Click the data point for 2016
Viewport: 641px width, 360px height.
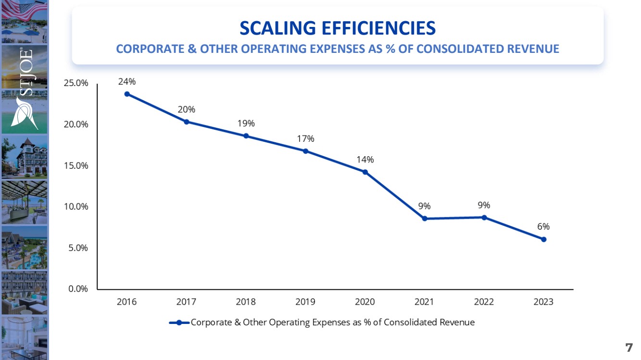[127, 94]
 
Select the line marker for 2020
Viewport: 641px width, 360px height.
[365, 172]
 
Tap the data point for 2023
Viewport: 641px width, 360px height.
[544, 239]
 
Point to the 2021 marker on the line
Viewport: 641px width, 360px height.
[425, 219]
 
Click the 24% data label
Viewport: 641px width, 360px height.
[127, 82]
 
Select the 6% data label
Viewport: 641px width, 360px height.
[544, 226]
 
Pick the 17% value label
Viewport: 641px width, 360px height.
[305, 139]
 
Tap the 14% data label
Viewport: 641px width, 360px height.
[365, 160]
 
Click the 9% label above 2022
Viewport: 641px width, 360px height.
[484, 205]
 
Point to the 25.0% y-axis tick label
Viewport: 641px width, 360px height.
[76, 83]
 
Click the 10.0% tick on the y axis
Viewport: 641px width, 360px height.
[76, 207]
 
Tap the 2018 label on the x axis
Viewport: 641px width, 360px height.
[246, 302]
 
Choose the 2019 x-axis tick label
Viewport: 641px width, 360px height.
[305, 302]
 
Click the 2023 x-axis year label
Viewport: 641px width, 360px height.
[543, 302]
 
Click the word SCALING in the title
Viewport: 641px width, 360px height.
[275, 29]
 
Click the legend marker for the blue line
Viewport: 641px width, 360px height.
[179, 323]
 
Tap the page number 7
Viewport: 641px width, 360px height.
[628, 348]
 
